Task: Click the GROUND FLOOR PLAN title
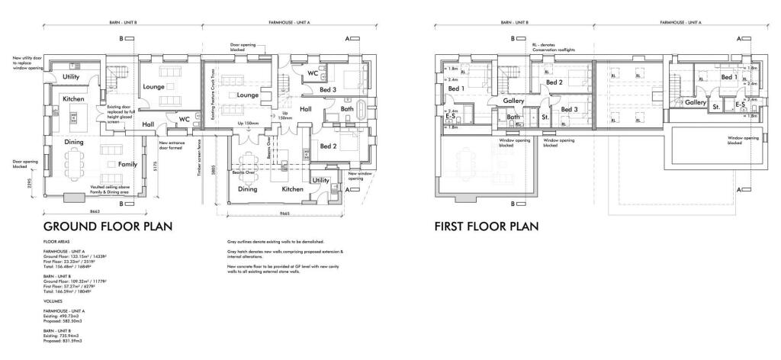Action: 108,227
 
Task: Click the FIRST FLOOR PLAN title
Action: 487,227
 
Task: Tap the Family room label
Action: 128,164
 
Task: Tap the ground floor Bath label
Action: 347,109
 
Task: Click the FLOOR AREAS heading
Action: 57,240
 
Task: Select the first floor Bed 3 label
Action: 570,109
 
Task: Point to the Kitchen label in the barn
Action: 73,99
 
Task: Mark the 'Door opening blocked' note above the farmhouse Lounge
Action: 243,47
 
